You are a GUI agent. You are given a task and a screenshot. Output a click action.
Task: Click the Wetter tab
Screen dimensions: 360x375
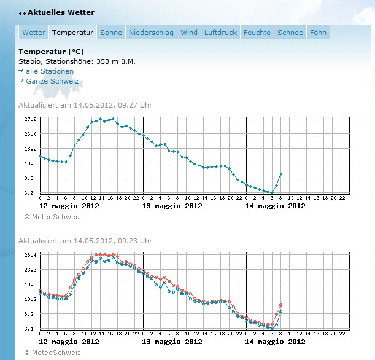[x=34, y=33]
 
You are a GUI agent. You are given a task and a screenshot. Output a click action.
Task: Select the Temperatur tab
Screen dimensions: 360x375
[x=72, y=33]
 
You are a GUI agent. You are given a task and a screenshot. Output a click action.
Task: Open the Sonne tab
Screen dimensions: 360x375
[x=111, y=33]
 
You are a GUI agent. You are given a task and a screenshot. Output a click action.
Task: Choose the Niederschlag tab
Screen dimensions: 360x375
[x=151, y=33]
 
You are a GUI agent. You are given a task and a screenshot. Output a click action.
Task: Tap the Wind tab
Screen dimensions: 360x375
[x=189, y=33]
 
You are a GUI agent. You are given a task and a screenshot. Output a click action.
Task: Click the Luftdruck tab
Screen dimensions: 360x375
[x=220, y=33]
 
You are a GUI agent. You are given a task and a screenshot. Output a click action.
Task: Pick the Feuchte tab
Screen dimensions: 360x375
[x=257, y=33]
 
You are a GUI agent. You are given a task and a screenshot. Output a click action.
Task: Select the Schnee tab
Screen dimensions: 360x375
[x=290, y=33]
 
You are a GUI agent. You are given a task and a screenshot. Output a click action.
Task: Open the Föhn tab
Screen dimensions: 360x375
[x=318, y=33]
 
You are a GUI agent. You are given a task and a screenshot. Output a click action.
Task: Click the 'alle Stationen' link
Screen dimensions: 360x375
[x=49, y=71]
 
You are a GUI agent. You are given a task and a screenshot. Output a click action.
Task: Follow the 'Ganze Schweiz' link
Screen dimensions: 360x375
[x=52, y=81]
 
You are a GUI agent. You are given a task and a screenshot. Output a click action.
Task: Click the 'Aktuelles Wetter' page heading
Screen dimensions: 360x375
[x=61, y=12]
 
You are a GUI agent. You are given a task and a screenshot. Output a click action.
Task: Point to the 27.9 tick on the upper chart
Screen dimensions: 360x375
[x=31, y=119]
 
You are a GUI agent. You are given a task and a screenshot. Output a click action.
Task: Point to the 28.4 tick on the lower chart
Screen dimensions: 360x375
[x=31, y=255]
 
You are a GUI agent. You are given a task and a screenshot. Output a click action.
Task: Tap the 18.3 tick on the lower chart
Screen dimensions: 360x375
[x=31, y=284]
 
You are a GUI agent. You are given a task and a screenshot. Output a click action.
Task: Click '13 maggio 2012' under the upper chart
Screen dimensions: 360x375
[x=172, y=206]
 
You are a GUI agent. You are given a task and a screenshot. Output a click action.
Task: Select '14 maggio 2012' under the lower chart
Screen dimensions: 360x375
[x=275, y=342]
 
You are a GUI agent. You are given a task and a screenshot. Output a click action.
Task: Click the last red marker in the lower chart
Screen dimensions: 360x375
[x=280, y=305]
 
